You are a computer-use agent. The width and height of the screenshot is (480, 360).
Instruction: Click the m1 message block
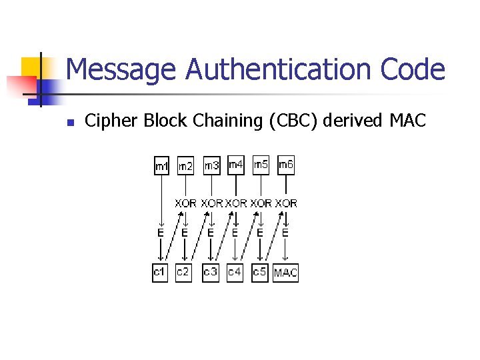pos(161,166)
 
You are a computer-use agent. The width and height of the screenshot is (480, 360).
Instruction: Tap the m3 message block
pos(211,165)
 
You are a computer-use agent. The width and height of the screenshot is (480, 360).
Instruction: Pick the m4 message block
pos(236,164)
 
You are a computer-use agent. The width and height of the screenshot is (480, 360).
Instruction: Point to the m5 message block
pos(261,164)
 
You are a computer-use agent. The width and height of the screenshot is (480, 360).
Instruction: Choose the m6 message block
pos(285,164)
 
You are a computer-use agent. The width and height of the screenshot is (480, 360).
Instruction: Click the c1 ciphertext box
pos(160,273)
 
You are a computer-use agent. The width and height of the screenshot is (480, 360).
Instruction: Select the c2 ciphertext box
pos(183,273)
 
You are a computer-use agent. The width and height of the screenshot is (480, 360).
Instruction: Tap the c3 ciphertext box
pos(211,272)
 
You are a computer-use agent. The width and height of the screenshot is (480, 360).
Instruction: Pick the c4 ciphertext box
pos(235,273)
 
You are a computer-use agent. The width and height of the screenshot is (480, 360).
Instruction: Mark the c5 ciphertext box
pos(260,273)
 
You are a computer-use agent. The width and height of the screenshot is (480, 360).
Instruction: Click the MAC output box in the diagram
pos(285,273)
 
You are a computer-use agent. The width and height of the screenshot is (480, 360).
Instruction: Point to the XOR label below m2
pos(186,203)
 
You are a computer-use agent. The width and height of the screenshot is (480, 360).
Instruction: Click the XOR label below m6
pos(286,203)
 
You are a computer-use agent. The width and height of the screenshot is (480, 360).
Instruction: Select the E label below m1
pos(161,233)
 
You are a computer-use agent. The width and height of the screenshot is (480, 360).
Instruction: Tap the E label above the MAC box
pos(285,233)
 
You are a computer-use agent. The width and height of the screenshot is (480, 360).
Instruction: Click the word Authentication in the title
pos(281,69)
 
